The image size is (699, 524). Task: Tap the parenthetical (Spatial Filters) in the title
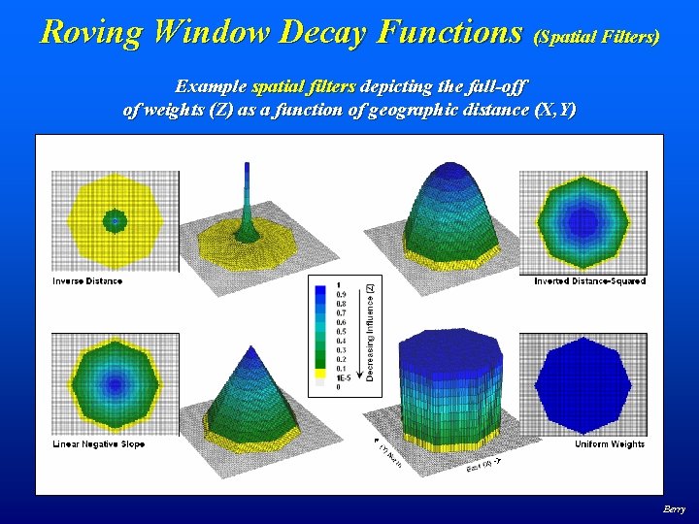(597, 37)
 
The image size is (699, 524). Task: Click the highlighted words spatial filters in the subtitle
(303, 86)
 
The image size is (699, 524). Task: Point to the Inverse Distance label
(87, 281)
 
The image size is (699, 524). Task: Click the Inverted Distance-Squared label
(589, 281)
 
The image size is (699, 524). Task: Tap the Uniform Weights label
(609, 444)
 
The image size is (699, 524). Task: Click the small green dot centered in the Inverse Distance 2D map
(115, 221)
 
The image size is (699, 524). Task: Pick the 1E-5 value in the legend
(341, 377)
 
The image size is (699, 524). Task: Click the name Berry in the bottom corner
(673, 508)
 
